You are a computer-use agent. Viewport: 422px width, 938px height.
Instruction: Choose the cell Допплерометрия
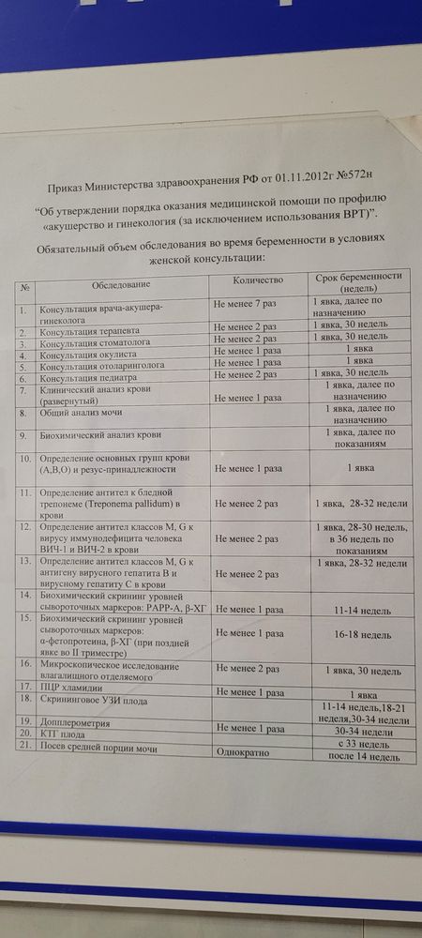74,724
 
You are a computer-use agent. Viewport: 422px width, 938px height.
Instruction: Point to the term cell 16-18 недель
358,634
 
